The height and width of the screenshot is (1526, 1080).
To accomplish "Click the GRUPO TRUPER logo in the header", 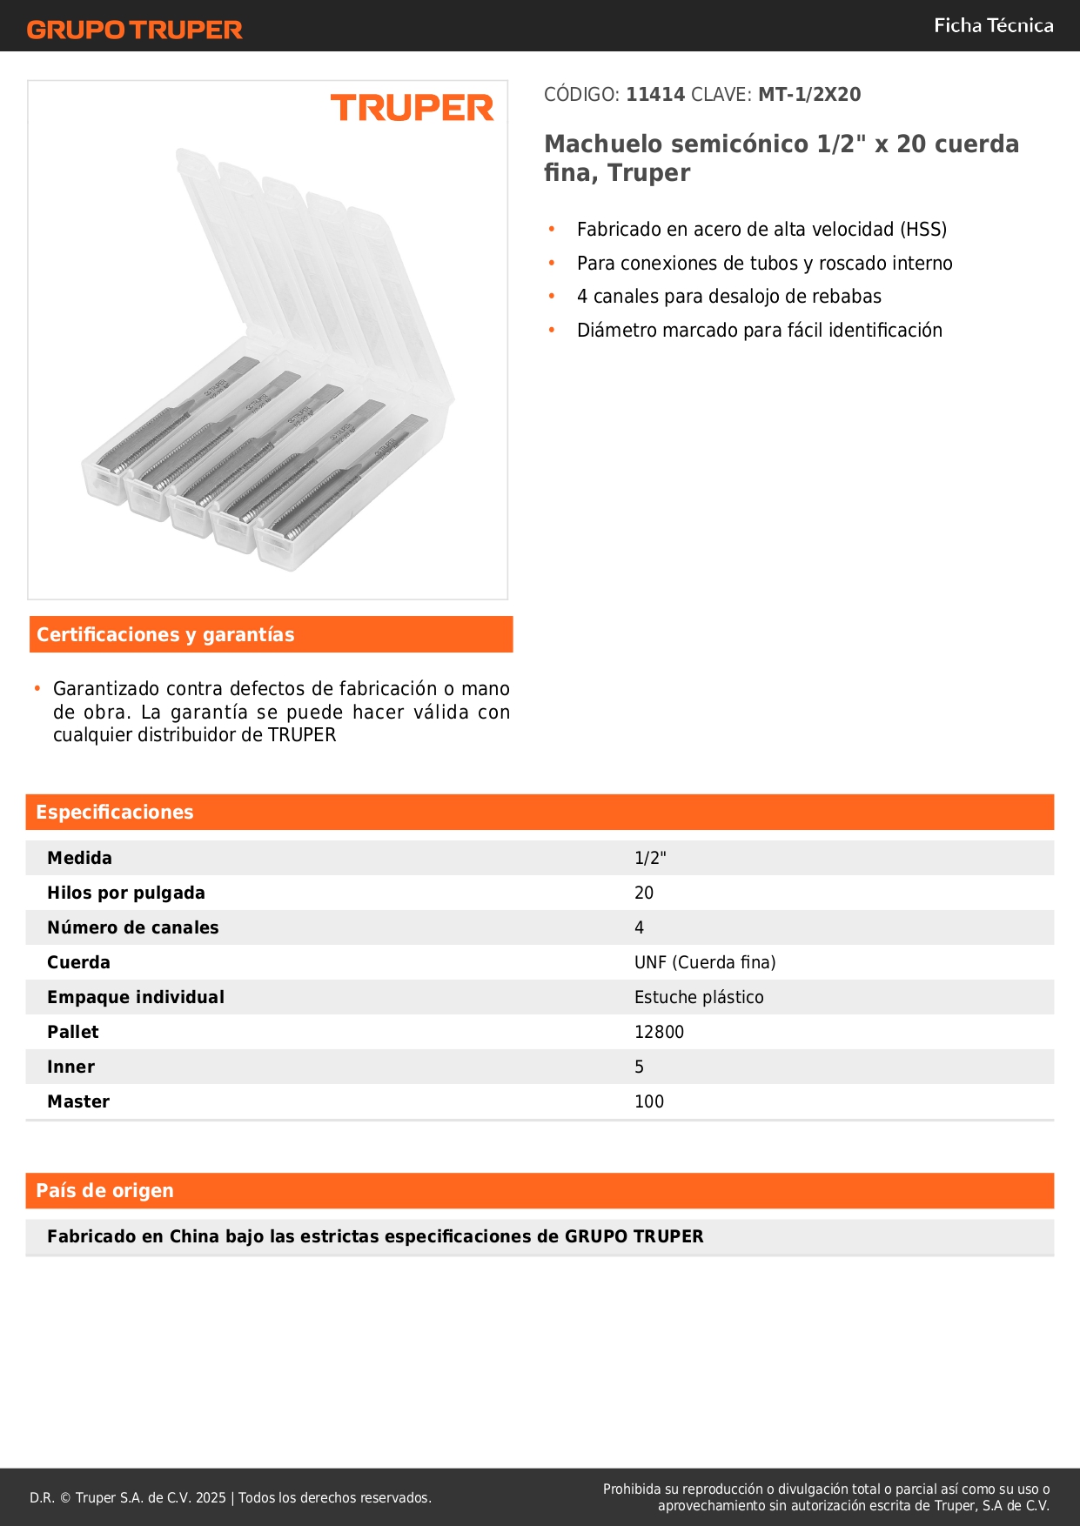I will (135, 30).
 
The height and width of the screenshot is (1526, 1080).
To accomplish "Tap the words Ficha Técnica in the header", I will (993, 26).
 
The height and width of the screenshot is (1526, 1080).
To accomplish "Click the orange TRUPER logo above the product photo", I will (412, 108).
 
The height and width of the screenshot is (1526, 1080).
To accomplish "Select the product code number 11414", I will (655, 95).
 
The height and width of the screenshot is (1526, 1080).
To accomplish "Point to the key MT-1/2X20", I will (809, 95).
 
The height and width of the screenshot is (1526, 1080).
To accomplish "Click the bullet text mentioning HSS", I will (761, 230).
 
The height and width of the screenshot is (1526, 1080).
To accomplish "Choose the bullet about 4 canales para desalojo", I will (728, 297).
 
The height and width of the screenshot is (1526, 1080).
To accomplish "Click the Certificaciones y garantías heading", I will (165, 635).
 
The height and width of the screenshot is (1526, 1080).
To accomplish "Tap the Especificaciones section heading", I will (115, 813).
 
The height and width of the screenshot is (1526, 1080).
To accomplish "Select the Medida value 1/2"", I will (650, 859).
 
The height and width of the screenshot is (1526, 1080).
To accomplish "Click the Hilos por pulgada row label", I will (126, 894).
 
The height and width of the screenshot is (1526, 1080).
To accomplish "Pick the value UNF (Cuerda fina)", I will (705, 963).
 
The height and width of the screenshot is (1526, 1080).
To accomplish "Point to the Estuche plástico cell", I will (699, 998).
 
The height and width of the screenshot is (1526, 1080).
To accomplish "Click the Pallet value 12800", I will (659, 1033).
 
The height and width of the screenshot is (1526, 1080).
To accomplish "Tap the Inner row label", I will (71, 1068).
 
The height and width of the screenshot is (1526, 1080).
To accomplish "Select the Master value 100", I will (649, 1102).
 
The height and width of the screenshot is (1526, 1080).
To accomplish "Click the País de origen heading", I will (104, 1191).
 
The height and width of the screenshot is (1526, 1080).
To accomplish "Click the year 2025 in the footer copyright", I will (211, 1498).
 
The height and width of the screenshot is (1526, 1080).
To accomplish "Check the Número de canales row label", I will (133, 928).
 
